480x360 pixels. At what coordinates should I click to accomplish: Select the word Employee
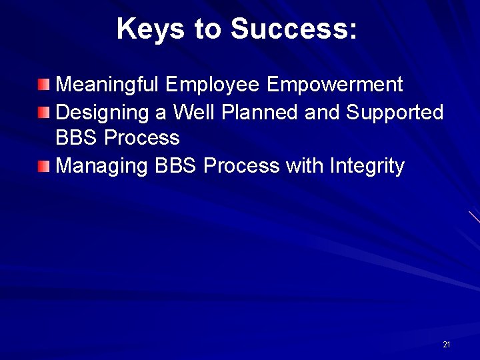(213, 85)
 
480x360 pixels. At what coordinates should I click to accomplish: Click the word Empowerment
(335, 85)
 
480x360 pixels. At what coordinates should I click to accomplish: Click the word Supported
(395, 113)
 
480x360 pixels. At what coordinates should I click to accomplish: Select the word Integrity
(367, 166)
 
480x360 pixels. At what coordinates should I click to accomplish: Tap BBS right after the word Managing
(175, 166)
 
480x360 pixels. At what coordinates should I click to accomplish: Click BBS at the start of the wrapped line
(77, 138)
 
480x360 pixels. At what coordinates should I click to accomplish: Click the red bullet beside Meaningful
(43, 85)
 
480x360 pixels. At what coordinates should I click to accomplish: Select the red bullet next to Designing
(43, 112)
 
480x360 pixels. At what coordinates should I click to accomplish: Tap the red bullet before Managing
(43, 165)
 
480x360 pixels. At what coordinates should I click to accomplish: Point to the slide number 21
(446, 345)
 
